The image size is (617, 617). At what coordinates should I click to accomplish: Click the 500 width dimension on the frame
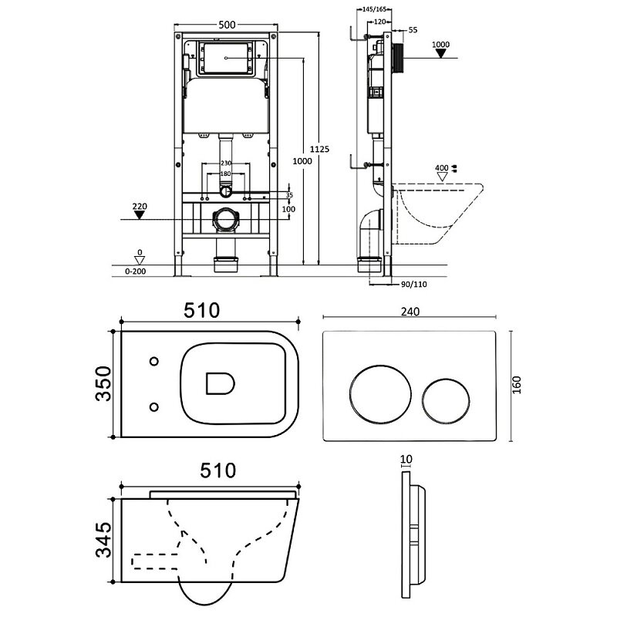coord(227,25)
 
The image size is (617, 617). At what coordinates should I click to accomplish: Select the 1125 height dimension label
coord(319,149)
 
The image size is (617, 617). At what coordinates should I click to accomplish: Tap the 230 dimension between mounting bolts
coord(226,163)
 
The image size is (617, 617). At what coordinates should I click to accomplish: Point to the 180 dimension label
coord(225,174)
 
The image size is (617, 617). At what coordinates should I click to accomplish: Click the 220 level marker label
coord(140,206)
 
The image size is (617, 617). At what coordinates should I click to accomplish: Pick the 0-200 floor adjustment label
coord(136,271)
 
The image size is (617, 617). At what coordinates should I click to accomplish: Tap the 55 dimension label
coord(413,30)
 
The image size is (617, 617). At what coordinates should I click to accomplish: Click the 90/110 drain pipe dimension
coord(414,284)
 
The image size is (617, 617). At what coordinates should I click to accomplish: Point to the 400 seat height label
coord(441,168)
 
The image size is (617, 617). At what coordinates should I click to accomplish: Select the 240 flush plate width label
coord(410,312)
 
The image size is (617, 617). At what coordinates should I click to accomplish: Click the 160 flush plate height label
coord(517,385)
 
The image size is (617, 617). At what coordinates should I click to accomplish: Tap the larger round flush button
coord(380,395)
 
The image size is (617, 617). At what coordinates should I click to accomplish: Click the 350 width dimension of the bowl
coord(103,383)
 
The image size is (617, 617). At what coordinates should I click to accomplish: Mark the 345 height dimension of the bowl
coord(104,539)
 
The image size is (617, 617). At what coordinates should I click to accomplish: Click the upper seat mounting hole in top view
coord(154,361)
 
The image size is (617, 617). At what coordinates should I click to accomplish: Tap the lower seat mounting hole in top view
coord(154,407)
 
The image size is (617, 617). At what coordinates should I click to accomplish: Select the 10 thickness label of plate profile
coord(406,459)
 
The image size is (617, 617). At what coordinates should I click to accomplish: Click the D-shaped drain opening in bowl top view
coord(220,383)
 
